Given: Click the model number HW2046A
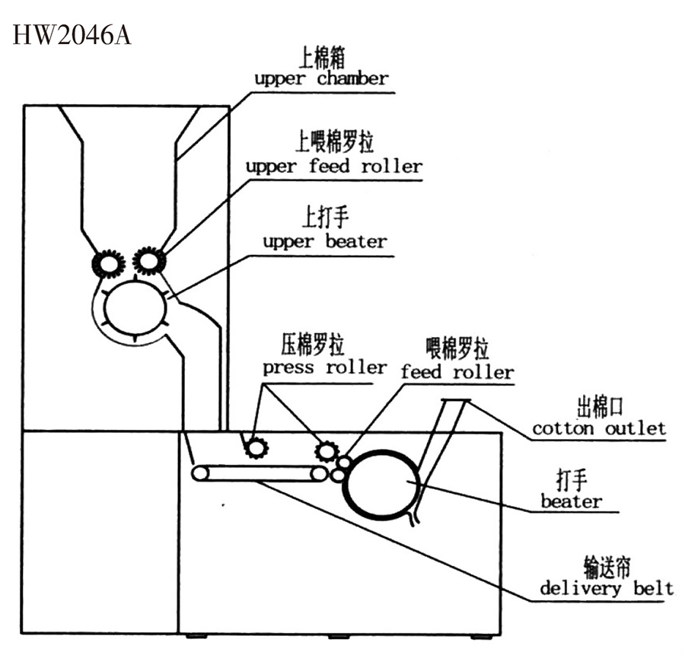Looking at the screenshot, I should pos(72,37).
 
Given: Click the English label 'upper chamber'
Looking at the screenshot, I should pos(321,78).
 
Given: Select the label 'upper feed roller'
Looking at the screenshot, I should pos(333,166).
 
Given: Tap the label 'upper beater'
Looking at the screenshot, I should pos(325,242).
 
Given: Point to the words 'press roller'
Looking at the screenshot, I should pos(325,367).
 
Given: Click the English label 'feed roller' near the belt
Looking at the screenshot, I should pos(457,373).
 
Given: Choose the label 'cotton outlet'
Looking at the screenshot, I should pos(599,428).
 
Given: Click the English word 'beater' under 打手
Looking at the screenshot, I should pos(571,501).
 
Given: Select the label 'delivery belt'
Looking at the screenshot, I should pos(607,588).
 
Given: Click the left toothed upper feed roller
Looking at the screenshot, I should pos(108,264).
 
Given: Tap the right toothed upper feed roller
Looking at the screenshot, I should pos(149,261).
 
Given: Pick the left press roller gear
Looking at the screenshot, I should pos(256,448).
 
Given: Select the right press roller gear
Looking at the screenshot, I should pos(327,452).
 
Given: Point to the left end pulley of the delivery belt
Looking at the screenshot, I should pos(200,473).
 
